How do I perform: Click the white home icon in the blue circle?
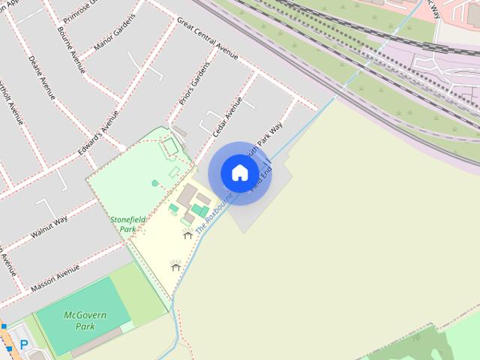[239, 172]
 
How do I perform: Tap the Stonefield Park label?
[125, 223]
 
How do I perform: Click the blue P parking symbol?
[24, 345]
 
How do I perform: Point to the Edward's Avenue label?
[98, 134]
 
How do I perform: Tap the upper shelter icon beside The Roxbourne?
[187, 235]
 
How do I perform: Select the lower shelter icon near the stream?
[176, 265]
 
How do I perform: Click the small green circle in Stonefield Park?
[155, 182]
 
